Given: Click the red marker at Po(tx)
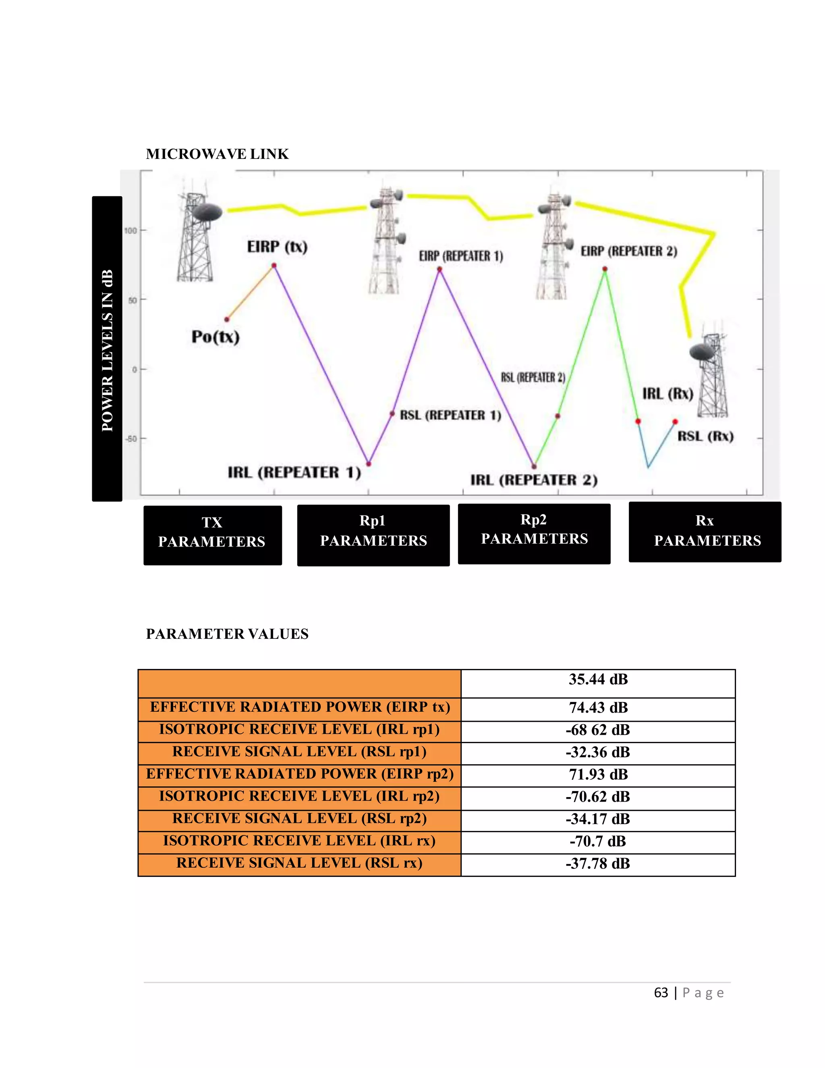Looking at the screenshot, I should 227,319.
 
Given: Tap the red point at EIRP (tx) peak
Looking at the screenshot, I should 274,266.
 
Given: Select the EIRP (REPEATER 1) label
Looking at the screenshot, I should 461,256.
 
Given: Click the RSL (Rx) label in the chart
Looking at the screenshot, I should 705,436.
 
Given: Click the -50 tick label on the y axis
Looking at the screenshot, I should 131,438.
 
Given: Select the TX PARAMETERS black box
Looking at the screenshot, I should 213,535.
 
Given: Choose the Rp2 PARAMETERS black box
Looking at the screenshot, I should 534,534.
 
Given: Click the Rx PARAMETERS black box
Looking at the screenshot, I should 705,532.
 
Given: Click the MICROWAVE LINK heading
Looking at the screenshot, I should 217,154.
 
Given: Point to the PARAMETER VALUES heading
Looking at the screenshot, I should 227,634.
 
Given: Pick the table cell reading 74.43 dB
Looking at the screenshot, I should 598,708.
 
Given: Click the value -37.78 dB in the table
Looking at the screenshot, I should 598,863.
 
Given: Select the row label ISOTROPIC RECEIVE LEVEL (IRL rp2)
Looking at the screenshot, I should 299,796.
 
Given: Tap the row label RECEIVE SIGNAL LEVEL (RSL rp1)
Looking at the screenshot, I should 299,752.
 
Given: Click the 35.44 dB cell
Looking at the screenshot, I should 598,679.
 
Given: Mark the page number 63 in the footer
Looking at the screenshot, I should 661,992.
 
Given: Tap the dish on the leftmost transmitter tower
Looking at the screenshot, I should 207,213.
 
